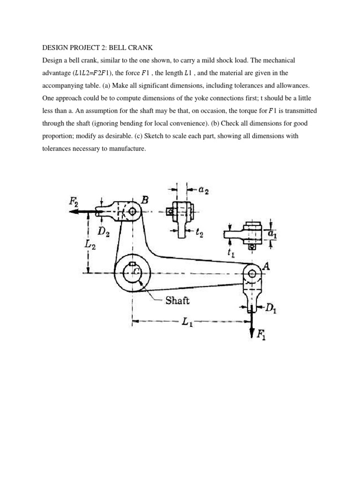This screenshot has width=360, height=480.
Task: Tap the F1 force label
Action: click(x=261, y=334)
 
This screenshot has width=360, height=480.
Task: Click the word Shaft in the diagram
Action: click(x=177, y=300)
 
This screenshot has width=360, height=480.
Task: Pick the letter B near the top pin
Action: click(x=145, y=200)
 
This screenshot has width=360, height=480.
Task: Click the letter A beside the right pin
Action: click(x=267, y=266)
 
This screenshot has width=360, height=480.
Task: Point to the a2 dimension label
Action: click(x=203, y=189)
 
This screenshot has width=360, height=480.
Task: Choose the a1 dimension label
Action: click(x=272, y=234)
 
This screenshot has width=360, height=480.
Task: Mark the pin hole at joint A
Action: click(x=252, y=273)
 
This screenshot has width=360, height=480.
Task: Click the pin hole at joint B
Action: click(x=132, y=211)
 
